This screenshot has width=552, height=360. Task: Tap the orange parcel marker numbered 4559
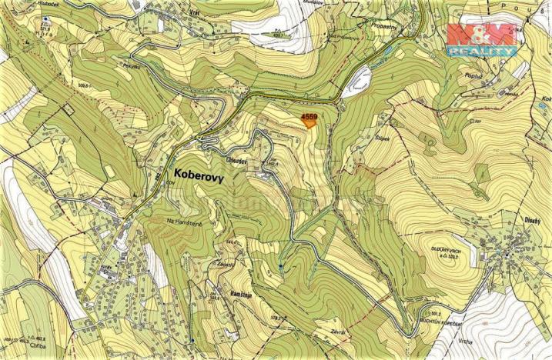pos(309,120)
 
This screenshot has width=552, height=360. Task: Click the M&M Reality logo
pos(482,38)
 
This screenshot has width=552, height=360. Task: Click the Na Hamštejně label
pos(183,222)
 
